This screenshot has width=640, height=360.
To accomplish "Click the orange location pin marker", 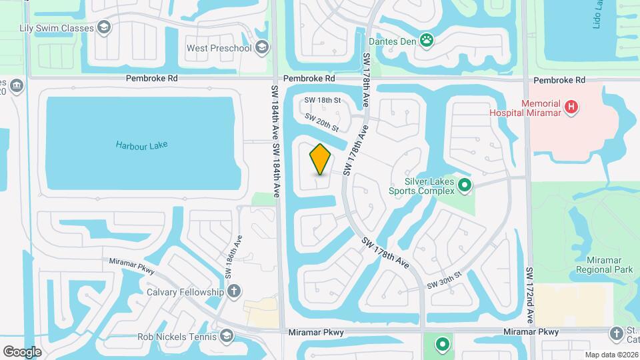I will (320, 159).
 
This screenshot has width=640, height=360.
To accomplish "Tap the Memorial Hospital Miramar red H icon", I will (571, 107).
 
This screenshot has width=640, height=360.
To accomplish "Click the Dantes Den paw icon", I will (427, 41).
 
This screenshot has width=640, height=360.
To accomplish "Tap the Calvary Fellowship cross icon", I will (233, 291).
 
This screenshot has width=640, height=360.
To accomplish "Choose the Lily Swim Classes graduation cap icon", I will (104, 27).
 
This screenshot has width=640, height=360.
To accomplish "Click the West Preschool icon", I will (262, 47).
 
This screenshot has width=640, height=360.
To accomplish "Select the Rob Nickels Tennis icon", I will (226, 336).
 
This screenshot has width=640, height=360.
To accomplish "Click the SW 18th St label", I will (323, 100).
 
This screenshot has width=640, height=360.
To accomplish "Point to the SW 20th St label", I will (322, 122).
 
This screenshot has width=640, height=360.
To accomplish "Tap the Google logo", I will (22, 351).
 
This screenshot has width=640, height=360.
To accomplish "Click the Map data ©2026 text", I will (611, 355).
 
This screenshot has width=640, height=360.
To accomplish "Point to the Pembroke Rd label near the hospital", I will (559, 80).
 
